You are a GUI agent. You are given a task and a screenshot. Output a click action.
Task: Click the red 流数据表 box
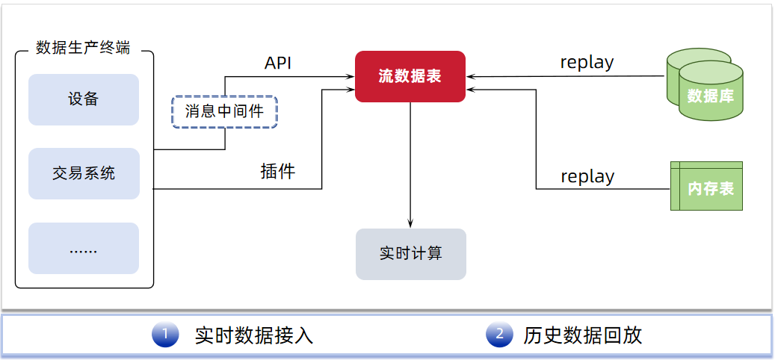coord(410,76)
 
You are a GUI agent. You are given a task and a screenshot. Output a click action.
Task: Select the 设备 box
coord(84,99)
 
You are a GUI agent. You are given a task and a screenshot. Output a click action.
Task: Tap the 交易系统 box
coord(84,174)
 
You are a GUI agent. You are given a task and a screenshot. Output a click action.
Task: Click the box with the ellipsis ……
coord(84,249)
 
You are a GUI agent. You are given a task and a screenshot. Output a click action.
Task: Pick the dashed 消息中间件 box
coord(224,112)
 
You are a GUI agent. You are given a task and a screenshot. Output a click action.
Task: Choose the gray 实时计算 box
coord(410,254)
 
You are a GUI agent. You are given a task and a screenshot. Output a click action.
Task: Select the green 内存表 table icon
coord(706,187)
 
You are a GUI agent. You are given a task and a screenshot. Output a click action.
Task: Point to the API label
coord(278,63)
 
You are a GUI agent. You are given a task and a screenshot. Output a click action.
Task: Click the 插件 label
coord(278,172)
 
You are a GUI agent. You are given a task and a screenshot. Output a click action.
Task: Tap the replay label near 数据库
coord(587,63)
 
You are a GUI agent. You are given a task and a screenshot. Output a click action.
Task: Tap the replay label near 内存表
coord(587,177)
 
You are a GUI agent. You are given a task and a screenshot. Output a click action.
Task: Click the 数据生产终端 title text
coord(83,48)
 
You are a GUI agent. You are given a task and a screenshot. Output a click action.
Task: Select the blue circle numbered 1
coord(164,335)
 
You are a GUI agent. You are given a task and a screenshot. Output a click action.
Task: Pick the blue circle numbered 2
coord(498,335)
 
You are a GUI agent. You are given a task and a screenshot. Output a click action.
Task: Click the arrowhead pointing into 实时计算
coord(410,223)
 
